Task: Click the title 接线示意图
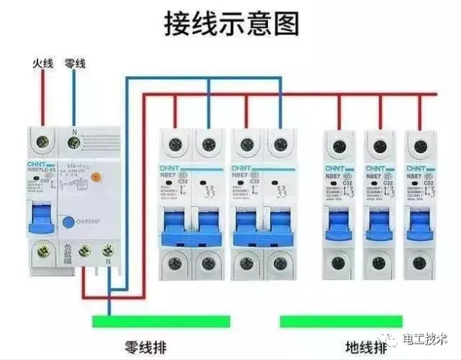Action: tap(231, 24)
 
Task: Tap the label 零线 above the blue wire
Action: tap(75, 64)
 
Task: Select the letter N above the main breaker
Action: tap(74, 131)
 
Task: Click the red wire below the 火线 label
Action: tap(43, 96)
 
